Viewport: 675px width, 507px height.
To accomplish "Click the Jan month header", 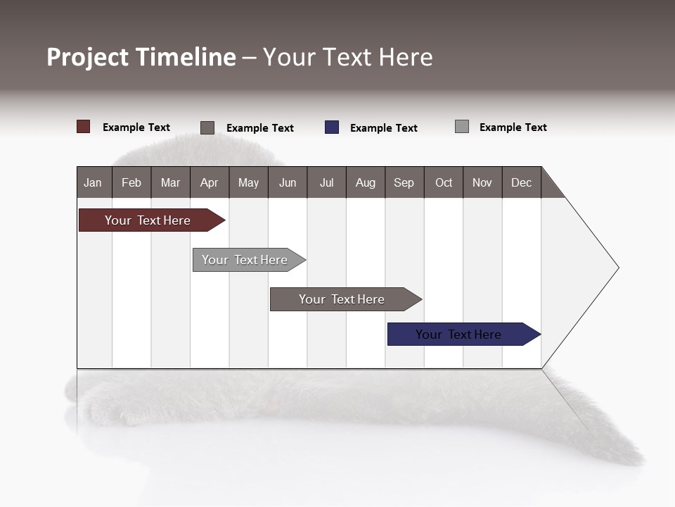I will (x=94, y=182).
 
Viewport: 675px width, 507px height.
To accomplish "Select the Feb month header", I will (x=131, y=182).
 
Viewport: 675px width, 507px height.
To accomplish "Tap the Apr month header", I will (x=210, y=182).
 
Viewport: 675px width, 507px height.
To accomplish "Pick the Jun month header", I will (x=288, y=182).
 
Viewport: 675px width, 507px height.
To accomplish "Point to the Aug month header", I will (x=366, y=182).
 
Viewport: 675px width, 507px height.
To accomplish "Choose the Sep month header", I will (x=404, y=182).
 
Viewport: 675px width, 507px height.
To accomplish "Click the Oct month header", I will (x=444, y=182).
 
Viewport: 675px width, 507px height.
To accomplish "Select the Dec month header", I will (x=522, y=182).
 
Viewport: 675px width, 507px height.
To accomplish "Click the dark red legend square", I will (x=84, y=127).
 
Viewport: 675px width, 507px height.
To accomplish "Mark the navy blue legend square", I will (x=332, y=127).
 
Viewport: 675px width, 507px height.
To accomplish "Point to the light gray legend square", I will (x=462, y=127).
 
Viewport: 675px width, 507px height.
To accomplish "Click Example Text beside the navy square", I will (x=384, y=128).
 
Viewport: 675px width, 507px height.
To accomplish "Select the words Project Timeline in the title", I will (x=141, y=57).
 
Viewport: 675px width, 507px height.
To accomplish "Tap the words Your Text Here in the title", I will (x=348, y=57).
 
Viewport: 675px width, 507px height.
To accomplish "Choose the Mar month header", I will (x=170, y=182).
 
